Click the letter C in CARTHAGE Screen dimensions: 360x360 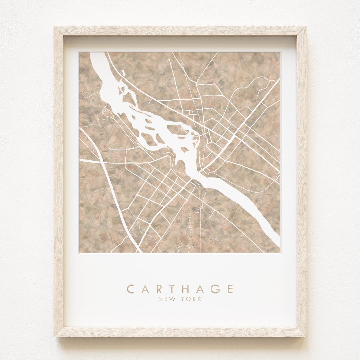131,289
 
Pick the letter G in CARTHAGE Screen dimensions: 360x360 216,289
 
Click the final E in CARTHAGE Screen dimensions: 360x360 230,289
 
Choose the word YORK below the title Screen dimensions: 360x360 191,299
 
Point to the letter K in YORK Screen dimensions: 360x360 199,299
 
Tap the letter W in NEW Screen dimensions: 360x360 172,299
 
